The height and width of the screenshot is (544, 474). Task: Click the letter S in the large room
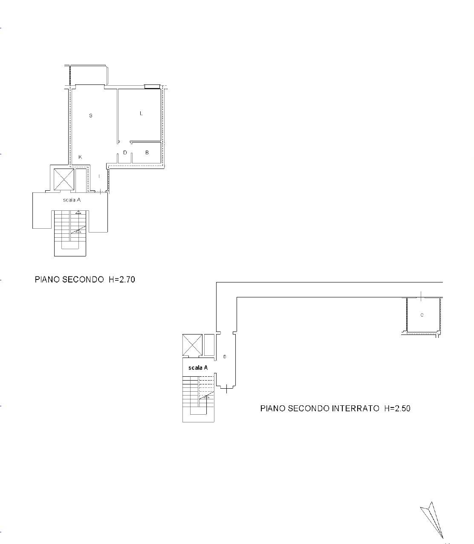(x=90, y=115)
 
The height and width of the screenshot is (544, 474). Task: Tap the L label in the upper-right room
(x=141, y=113)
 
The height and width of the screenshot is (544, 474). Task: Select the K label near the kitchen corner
(x=80, y=157)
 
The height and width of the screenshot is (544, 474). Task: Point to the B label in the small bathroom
(x=147, y=153)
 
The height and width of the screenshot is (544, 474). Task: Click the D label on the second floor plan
(x=125, y=153)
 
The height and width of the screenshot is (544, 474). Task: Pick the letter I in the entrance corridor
(x=99, y=176)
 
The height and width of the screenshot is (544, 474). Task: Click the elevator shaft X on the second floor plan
(x=64, y=180)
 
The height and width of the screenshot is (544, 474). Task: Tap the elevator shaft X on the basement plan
(x=192, y=345)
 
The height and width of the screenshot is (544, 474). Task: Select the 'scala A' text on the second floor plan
(x=72, y=200)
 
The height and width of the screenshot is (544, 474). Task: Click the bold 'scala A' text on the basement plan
(x=198, y=368)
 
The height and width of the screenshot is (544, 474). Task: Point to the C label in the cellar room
(x=422, y=315)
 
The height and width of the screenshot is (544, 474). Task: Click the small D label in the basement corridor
(x=225, y=357)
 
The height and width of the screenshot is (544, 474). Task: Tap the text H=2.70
(x=122, y=279)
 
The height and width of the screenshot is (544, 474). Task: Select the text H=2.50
(x=397, y=408)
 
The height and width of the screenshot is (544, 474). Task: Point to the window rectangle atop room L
(x=152, y=87)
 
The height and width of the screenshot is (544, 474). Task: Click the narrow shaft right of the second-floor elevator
(x=81, y=180)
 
